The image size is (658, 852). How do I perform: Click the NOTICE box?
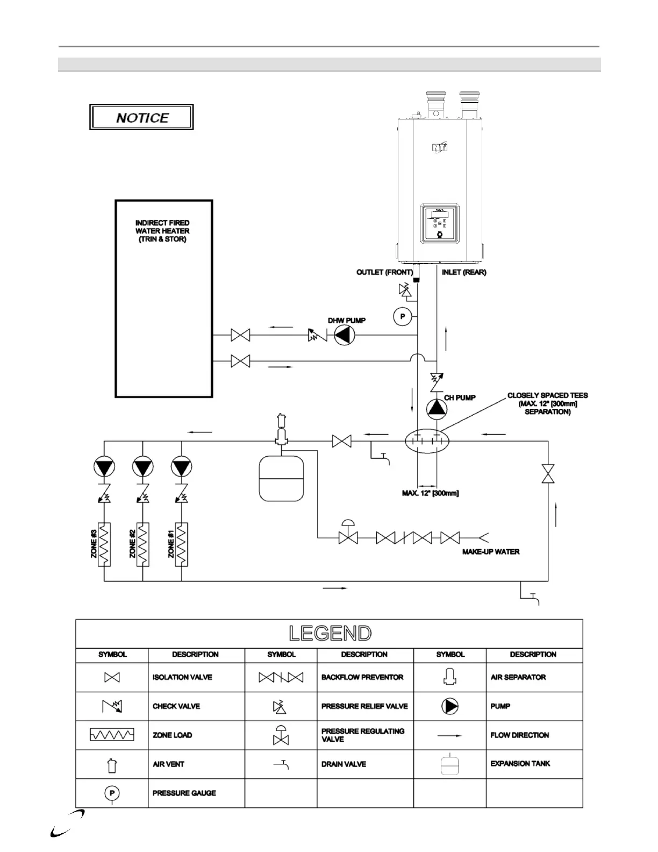point(141,117)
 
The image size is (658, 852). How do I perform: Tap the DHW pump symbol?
point(345,336)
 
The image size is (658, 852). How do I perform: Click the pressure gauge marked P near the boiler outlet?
point(402,316)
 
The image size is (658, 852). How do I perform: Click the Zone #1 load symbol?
point(181,544)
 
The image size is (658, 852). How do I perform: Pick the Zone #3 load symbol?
point(104,544)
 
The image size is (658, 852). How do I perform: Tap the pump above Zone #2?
point(142,466)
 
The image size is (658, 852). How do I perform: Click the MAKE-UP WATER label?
point(491,551)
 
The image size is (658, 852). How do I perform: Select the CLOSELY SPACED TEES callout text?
point(547,403)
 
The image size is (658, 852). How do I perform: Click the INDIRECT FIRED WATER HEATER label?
point(162,231)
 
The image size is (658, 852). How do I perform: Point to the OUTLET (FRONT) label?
point(384,272)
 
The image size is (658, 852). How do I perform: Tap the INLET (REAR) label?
point(463,272)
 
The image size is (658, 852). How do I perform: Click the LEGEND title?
point(330,633)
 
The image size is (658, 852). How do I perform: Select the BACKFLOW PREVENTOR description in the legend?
point(362,677)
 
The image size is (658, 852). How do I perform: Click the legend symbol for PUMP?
point(450,706)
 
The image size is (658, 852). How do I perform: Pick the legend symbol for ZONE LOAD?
point(112,735)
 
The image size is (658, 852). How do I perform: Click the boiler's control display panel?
point(439,222)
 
